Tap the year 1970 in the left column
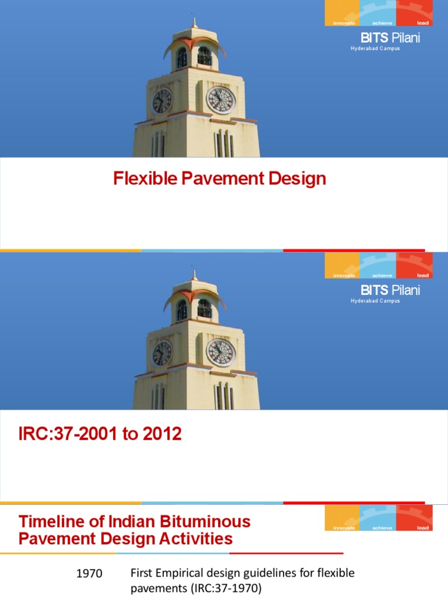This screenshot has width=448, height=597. click(x=89, y=574)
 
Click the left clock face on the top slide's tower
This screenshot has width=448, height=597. click(x=162, y=101)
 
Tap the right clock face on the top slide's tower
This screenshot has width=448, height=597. click(x=221, y=100)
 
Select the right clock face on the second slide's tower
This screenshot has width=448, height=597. click(x=221, y=352)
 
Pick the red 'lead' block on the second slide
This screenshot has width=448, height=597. click(x=414, y=266)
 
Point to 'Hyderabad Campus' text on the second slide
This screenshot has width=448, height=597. click(x=375, y=301)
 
